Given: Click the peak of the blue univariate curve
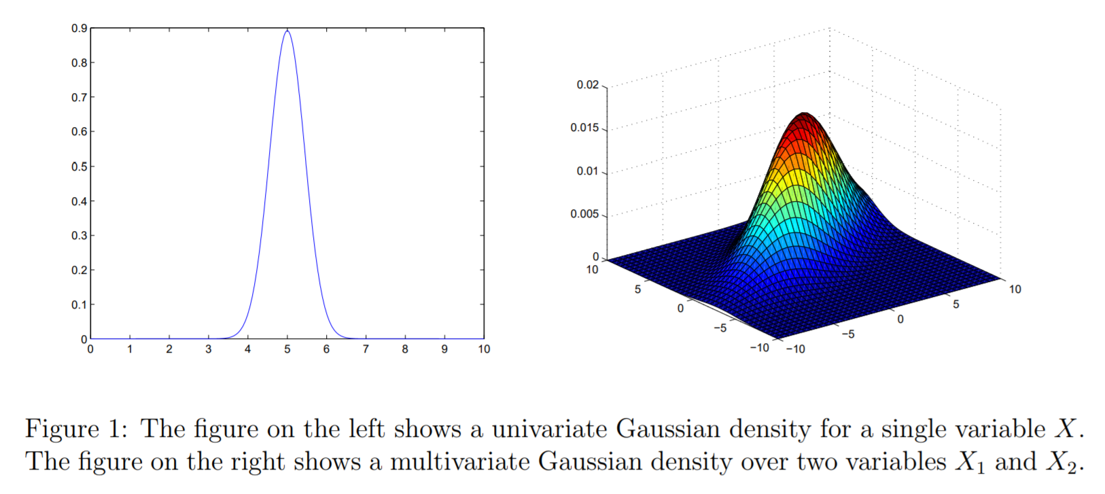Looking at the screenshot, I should (x=287, y=31).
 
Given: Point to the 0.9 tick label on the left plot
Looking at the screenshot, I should (x=80, y=29).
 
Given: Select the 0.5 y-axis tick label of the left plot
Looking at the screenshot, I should (x=80, y=166).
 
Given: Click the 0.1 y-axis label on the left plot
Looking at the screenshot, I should (x=80, y=304).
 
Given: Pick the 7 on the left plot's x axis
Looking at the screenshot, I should (x=366, y=349).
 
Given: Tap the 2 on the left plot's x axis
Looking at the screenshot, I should (x=169, y=349).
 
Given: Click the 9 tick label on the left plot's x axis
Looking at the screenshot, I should (x=444, y=349).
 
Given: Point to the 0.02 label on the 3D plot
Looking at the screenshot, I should (x=588, y=85).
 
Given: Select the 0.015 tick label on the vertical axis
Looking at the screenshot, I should (x=584, y=128).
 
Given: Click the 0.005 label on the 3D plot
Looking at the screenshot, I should (x=584, y=214).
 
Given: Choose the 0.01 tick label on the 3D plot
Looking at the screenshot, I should (x=588, y=171).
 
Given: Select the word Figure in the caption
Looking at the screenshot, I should (x=63, y=429).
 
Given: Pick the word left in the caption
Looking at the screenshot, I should (x=366, y=429).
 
